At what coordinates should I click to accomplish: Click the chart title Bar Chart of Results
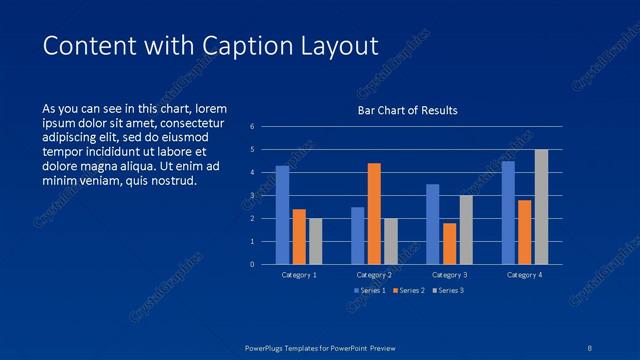407,110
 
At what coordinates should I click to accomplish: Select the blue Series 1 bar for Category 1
282,215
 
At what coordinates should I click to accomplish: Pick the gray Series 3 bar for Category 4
541,207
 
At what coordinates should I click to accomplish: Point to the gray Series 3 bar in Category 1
316,241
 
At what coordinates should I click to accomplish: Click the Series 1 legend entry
370,290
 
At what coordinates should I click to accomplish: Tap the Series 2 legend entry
408,290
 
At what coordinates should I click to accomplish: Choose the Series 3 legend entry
447,290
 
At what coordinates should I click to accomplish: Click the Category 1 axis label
299,275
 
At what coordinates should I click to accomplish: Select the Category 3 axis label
449,275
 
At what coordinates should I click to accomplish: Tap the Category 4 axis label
524,275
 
